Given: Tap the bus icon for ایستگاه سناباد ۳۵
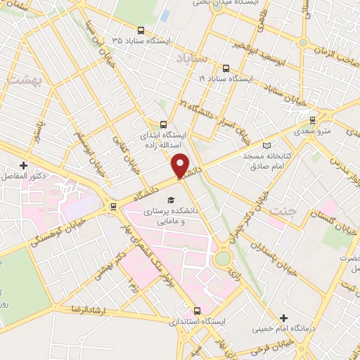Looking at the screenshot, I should pyautogui.click(x=141, y=30).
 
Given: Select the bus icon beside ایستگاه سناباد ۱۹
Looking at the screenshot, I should pyautogui.click(x=226, y=68).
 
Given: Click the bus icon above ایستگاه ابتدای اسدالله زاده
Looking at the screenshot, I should pyautogui.click(x=162, y=124).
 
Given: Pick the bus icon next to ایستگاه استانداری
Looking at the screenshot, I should pyautogui.click(x=196, y=310).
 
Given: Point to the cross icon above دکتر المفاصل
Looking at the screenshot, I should pyautogui.click(x=23, y=164).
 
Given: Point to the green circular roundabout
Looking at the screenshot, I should pyautogui.click(x=222, y=258).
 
